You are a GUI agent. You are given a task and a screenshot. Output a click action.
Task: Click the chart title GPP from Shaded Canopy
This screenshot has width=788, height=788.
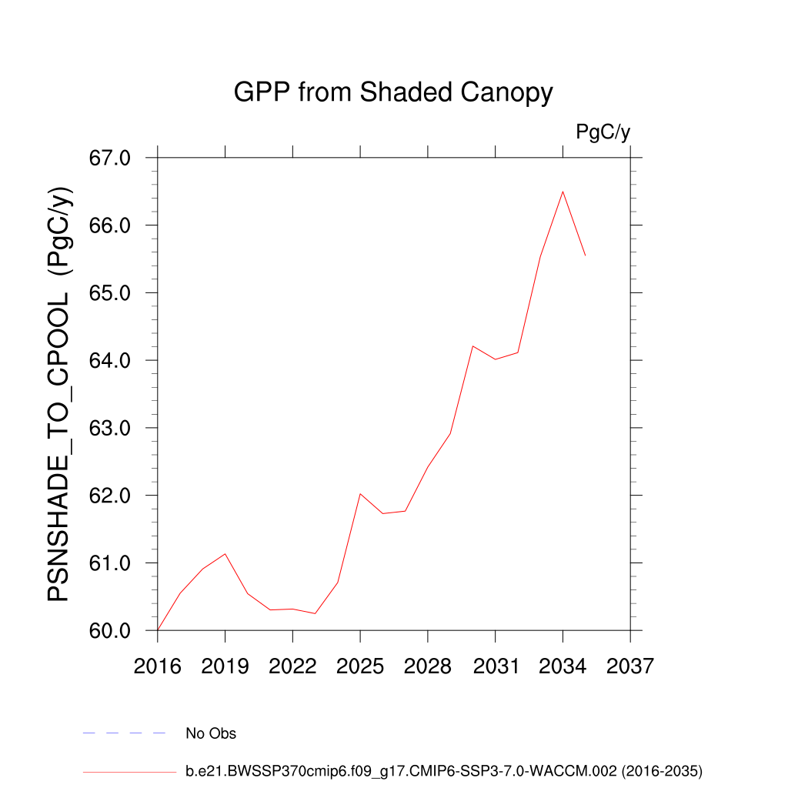pyautogui.click(x=393, y=93)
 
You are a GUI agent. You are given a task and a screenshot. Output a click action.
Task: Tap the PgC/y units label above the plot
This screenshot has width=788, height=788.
pyautogui.click(x=603, y=132)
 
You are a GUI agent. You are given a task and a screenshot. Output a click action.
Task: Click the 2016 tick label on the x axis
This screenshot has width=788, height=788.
pyautogui.click(x=157, y=666)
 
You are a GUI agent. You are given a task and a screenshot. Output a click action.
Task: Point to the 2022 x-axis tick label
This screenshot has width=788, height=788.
pyautogui.click(x=292, y=666)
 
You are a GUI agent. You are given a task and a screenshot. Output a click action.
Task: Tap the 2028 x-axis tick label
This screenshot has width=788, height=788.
pyautogui.click(x=427, y=666)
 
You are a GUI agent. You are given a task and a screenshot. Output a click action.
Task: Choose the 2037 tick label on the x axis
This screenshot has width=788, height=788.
pyautogui.click(x=630, y=666)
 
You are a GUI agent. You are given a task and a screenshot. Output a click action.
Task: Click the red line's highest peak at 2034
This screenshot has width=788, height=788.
pyautogui.click(x=563, y=192)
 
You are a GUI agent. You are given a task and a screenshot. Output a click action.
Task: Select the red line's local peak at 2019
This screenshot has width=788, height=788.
pyautogui.click(x=225, y=554)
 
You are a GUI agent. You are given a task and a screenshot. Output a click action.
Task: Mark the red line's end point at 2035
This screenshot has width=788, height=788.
pyautogui.click(x=586, y=255)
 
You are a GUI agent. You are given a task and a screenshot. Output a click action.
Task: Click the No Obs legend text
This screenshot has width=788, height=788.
pyautogui.click(x=211, y=733)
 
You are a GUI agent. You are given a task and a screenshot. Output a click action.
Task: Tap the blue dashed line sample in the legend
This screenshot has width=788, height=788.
pyautogui.click(x=125, y=733)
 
